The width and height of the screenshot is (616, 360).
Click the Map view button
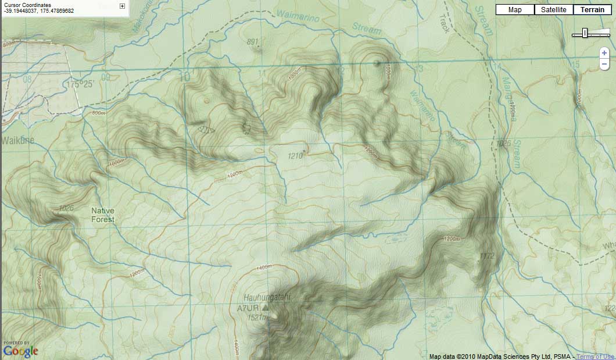[515, 9]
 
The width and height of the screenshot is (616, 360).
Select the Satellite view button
[553, 9]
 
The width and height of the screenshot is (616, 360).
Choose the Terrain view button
[592, 9]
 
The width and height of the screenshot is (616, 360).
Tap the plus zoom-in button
[604, 52]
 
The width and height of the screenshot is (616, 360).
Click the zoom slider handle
[585, 33]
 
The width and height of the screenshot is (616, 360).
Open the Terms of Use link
[596, 357]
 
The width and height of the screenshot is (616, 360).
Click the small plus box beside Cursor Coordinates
[122, 6]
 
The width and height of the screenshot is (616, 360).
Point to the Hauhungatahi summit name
[267, 297]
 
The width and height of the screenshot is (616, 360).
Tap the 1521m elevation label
[257, 318]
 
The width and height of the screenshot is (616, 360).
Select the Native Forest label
[103, 215]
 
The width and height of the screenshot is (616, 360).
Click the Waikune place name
[18, 140]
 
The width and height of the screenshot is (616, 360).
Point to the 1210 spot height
[295, 156]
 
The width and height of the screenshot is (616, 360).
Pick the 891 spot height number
[252, 42]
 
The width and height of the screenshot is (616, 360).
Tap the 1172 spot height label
[487, 256]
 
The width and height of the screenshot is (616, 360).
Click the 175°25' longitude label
[80, 84]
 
